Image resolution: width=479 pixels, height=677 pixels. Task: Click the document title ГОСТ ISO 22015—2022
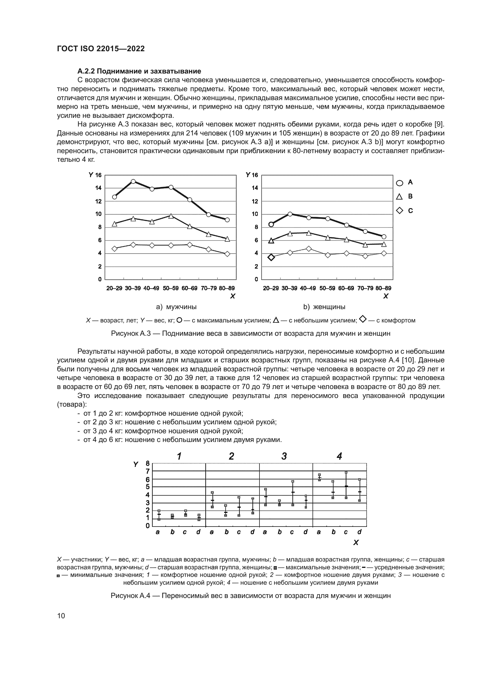tap(101, 49)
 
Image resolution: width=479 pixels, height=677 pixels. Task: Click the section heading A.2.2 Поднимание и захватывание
tap(139, 71)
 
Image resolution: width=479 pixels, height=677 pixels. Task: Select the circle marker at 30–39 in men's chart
tap(133, 182)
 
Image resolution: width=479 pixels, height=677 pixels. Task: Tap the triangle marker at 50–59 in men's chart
tap(171, 216)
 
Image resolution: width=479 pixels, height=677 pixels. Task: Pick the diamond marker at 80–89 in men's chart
tap(227, 254)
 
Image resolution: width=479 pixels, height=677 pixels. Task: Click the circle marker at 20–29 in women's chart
tap(271, 224)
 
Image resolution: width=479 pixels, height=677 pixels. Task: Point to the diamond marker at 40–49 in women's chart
tap(309, 249)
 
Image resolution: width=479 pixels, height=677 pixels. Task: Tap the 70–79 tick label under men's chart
tap(209, 288)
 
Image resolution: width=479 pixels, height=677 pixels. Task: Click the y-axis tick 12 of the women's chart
tap(255, 201)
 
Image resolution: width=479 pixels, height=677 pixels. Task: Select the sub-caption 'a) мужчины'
tap(176, 307)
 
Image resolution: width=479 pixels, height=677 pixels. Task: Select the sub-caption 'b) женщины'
tap(324, 307)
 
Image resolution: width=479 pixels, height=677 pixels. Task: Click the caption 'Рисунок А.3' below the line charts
tap(251, 333)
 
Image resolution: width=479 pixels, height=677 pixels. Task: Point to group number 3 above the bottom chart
tap(284, 456)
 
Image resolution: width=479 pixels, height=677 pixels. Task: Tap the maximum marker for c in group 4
tap(346, 472)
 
